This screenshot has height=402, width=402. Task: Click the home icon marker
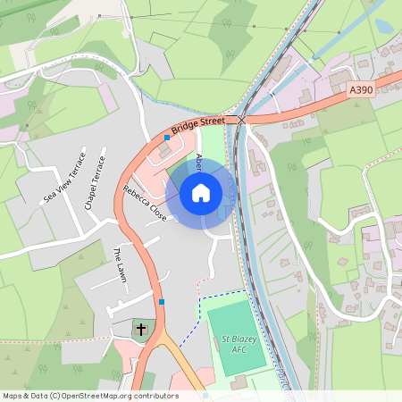coord(201,193)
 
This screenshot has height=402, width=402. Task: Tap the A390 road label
coord(361,90)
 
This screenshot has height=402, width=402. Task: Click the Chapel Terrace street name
coord(95,183)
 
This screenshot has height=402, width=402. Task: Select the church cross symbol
coord(140,330)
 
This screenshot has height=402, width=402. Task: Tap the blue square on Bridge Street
coord(167,138)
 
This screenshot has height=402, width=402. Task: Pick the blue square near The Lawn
coord(162,302)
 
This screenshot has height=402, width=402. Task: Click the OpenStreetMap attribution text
coord(89,396)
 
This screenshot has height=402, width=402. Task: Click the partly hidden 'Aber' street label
coord(199,163)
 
